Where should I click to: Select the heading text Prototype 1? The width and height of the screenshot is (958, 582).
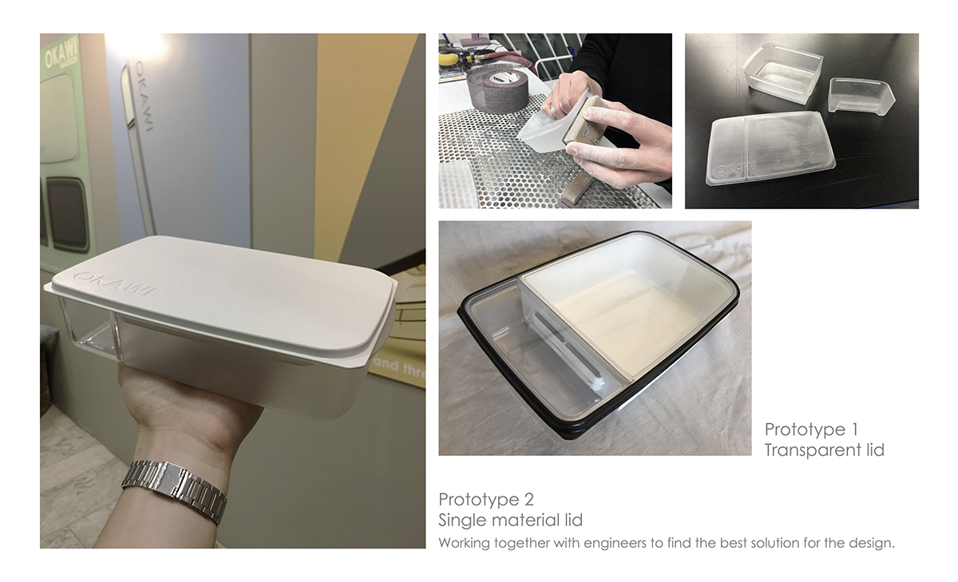[x=810, y=430]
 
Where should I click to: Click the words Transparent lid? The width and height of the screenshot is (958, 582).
[x=824, y=450]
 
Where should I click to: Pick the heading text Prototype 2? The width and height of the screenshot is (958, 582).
[x=485, y=500]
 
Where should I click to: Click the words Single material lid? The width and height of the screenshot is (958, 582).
[x=510, y=521]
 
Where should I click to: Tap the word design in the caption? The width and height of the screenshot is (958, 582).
[x=873, y=544]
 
